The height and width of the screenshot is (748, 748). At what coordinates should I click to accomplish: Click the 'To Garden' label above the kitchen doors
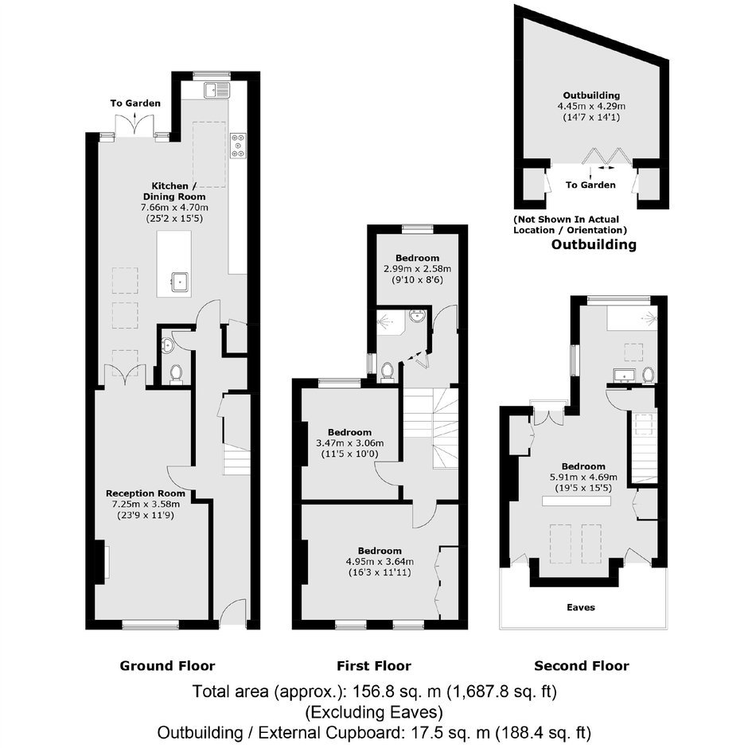[x=135, y=103]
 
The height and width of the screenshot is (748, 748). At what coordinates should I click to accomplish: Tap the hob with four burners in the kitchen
[x=239, y=145]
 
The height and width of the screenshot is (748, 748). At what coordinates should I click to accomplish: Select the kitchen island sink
[x=180, y=282]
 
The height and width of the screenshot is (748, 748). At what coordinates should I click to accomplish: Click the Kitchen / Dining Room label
[x=174, y=191]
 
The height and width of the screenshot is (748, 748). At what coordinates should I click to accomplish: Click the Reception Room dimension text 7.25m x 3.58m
[x=146, y=505]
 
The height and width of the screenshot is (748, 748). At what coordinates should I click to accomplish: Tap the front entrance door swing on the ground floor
[x=233, y=612]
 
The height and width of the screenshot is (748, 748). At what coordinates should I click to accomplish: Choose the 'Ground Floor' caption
[x=167, y=666]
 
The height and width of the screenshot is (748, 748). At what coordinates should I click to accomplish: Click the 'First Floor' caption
[x=374, y=666]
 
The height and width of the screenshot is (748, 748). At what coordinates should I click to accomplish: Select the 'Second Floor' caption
[x=582, y=666]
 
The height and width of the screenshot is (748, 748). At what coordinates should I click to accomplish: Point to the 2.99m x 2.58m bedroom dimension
[x=418, y=269]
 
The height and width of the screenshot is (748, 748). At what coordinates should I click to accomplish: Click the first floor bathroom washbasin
[x=418, y=316]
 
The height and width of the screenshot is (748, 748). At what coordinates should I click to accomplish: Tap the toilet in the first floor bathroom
[x=387, y=371]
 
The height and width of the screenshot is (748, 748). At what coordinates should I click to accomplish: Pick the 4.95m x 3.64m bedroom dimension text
[x=380, y=562]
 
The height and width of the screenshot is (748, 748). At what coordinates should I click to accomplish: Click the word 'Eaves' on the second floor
[x=581, y=607]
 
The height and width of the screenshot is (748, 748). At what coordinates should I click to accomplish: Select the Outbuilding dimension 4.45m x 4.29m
[x=591, y=107]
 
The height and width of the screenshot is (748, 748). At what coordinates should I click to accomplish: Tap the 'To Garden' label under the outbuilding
[x=590, y=185]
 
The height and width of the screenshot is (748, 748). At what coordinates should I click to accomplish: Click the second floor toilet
[x=648, y=375]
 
